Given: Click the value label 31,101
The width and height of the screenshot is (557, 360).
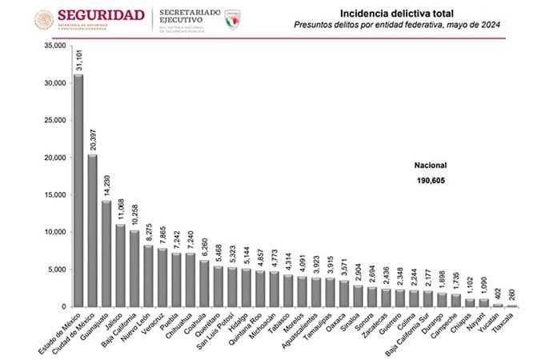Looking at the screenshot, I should pos(78,60).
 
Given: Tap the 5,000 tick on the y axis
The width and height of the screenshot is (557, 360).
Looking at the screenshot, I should pos(56,270).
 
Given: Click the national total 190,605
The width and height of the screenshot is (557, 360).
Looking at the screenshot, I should pos(430,181).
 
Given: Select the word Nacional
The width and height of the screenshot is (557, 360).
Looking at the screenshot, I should pos(430,165).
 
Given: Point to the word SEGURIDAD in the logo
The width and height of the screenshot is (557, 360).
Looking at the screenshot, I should pos(101,15).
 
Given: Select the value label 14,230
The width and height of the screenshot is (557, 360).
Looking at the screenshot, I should pos(106,186).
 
